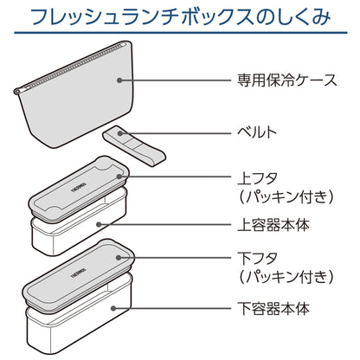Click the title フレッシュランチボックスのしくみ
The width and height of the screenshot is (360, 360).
pos(180,16)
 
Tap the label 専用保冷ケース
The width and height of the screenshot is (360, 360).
pos(287,80)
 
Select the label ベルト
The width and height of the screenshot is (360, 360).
pos(257,132)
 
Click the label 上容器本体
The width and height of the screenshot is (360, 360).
pos(273,225)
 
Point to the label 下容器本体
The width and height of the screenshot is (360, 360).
pos(273,308)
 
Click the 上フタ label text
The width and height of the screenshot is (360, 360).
pos(258,179)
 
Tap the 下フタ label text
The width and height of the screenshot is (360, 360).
pos(258,259)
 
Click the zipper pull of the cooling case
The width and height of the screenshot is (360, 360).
pos(17,92)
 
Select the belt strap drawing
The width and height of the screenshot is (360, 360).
pos(134,145)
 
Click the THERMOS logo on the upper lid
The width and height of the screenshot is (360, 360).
pos(79,187)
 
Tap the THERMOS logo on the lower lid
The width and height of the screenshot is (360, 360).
pos(79,272)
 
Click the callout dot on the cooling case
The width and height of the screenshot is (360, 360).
pos(119,80)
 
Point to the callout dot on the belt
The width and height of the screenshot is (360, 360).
pos(120,133)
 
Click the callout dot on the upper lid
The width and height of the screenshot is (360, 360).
pos(119,177)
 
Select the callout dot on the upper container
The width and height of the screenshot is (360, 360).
pos(99,224)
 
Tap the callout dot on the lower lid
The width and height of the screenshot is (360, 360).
pos(119,258)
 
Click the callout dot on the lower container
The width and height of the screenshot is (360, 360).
pos(113,308)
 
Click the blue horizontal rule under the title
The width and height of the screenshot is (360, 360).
pos(181,32)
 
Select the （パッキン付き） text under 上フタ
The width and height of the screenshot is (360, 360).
pos(286,196)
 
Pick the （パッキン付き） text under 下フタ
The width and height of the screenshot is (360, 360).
pos(286,276)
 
